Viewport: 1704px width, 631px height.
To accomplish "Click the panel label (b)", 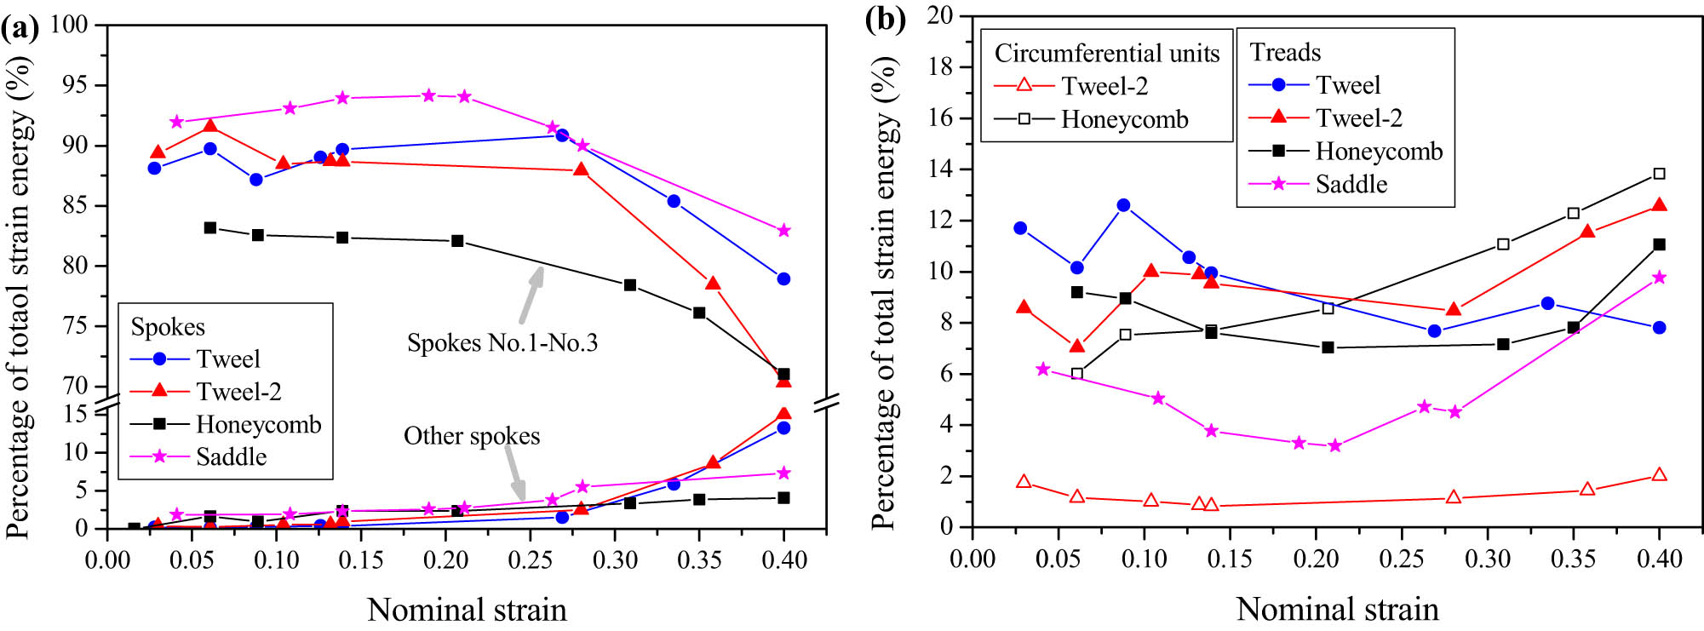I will click(885, 20).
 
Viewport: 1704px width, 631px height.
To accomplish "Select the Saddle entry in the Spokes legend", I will click(230, 457).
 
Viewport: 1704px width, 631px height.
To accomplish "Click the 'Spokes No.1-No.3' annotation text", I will click(502, 343).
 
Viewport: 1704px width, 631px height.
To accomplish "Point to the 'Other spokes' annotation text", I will click(471, 436).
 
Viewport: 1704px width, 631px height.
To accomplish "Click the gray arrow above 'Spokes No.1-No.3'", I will click(531, 295).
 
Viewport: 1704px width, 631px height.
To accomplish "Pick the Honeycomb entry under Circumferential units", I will click(1123, 119).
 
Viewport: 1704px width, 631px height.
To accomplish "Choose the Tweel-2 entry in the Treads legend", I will click(1357, 118).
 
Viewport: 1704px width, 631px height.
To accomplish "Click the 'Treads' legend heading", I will click(1285, 53).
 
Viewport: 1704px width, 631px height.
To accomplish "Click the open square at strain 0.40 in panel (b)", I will click(1659, 174).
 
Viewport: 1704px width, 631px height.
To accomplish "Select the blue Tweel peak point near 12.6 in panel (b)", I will click(1123, 205).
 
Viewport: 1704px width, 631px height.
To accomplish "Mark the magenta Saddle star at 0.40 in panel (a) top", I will click(783, 231).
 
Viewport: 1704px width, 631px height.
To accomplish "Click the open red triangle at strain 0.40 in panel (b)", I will click(1659, 475).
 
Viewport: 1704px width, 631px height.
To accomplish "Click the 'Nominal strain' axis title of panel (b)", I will click(1337, 609).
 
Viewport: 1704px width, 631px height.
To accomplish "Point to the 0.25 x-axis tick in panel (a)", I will click(530, 559).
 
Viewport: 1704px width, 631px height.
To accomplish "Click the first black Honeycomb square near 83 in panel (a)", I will click(210, 228).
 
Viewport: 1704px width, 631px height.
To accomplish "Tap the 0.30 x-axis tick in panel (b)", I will click(1487, 559).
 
